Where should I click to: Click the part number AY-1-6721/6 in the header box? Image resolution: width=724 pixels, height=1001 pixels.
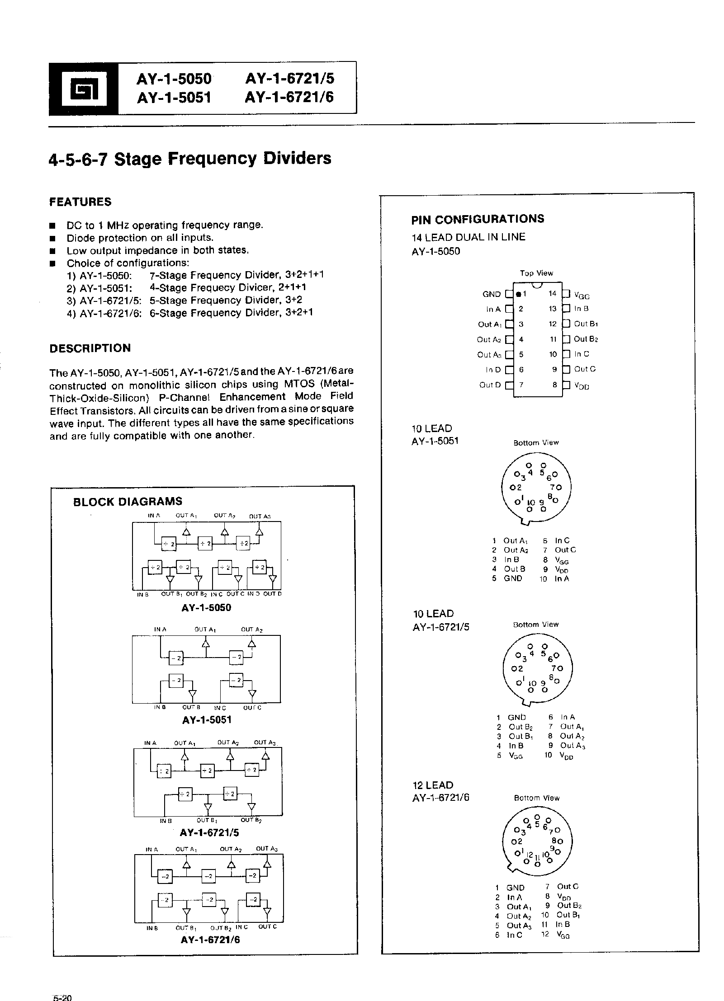click(x=289, y=97)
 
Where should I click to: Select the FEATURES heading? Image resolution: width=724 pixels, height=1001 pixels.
click(x=80, y=202)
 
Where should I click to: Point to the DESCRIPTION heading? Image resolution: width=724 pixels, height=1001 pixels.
click(x=90, y=348)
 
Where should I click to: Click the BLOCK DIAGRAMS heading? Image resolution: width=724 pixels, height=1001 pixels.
click(x=128, y=501)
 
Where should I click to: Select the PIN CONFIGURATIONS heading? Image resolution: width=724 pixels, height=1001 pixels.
click(x=478, y=219)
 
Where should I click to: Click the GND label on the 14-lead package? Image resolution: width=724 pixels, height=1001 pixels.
click(x=492, y=294)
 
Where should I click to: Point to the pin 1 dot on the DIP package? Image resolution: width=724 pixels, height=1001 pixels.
click(x=518, y=294)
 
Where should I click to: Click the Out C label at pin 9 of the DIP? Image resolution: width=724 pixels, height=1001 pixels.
click(x=585, y=369)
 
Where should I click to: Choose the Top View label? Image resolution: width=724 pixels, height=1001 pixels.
click(x=536, y=273)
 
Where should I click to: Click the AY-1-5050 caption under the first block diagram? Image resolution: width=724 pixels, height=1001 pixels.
click(x=206, y=607)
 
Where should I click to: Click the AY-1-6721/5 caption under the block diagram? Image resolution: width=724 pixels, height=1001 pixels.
click(x=209, y=832)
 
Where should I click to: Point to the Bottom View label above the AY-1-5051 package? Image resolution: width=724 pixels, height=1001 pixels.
click(x=536, y=442)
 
